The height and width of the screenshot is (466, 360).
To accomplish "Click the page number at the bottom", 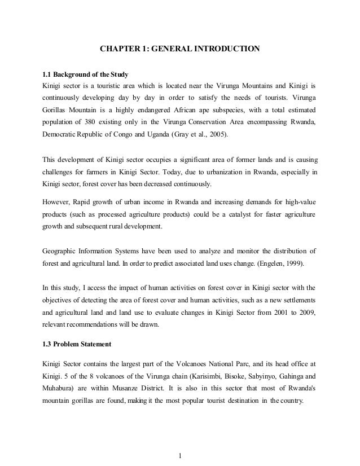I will (179, 455).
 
